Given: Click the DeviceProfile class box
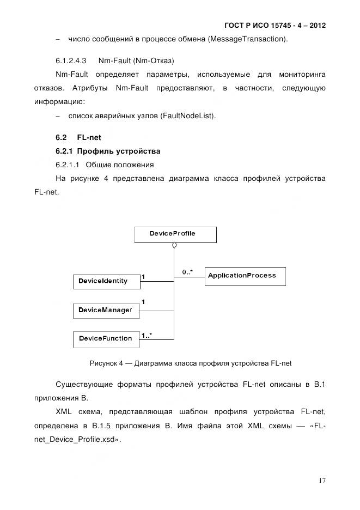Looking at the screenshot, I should pyautogui.click(x=175, y=234).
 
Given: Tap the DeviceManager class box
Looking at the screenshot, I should pyautogui.click(x=106, y=310).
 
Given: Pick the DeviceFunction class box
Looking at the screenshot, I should pyautogui.click(x=106, y=339).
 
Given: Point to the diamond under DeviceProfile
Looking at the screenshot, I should pyautogui.click(x=174, y=246).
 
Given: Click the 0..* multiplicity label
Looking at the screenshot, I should pyautogui.click(x=187, y=271).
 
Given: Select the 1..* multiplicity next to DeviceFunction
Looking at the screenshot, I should pyautogui.click(x=146, y=336).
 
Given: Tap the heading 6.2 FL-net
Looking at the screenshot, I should pyautogui.click(x=78, y=138).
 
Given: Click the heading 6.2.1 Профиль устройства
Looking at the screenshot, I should pyautogui.click(x=108, y=151).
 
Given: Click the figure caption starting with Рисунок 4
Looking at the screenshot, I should pyautogui.click(x=187, y=362).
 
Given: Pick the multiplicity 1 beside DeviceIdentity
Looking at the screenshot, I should pyautogui.click(x=143, y=277).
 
